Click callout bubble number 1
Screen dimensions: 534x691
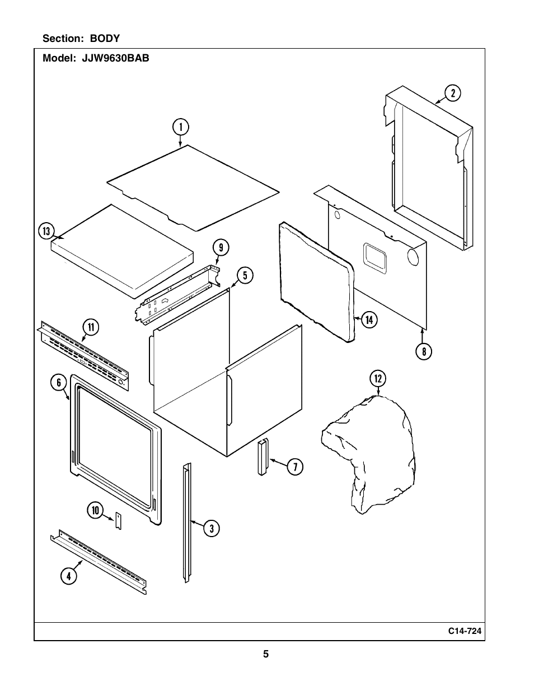(181, 128)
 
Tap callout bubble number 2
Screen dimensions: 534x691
(452, 93)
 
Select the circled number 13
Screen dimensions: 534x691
(46, 231)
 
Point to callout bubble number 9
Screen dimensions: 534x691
(221, 248)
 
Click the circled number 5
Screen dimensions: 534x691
(245, 275)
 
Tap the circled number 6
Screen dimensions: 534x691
(58, 383)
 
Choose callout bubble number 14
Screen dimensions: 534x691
(369, 319)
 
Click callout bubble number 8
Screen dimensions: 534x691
(424, 351)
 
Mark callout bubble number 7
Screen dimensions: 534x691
(295, 466)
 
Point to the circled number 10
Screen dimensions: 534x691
(95, 510)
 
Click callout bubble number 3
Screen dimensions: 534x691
(211, 528)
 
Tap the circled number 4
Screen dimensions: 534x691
(68, 576)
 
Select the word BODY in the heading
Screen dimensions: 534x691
(105, 39)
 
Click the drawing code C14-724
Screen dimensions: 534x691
(464, 631)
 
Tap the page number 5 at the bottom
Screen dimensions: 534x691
(266, 654)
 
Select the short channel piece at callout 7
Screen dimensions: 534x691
(263, 457)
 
